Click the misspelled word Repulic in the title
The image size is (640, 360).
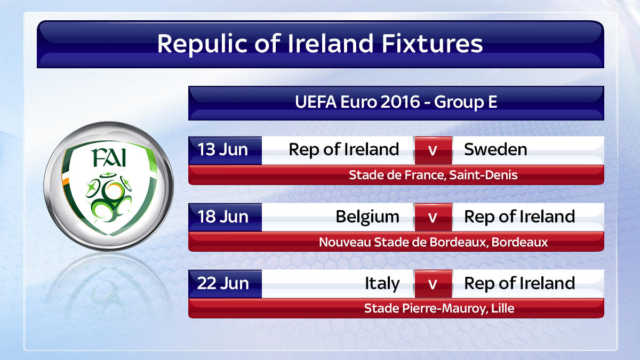coord(202,44)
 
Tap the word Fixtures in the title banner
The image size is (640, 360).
coord(433,44)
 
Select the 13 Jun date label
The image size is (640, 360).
coord(222,149)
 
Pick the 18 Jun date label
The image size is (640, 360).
coord(223,217)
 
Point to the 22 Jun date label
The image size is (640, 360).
coord(223,283)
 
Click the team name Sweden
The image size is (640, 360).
coord(495,149)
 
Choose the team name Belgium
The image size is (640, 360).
coord(367,217)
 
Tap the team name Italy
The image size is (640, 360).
coord(382,284)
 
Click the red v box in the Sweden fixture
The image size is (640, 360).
coord(433,150)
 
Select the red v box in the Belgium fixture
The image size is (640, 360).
coord(433,218)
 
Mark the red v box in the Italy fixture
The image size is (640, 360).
coord(433,284)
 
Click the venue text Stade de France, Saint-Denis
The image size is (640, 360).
coord(433,175)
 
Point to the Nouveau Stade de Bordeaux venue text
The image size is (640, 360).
coord(433,242)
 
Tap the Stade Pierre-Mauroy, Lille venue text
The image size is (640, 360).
coord(439,309)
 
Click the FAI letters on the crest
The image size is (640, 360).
coord(109,158)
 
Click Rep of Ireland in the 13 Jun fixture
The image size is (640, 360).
coord(343,149)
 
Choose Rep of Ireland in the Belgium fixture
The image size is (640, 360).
coord(519,217)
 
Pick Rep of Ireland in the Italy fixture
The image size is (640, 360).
coord(519,283)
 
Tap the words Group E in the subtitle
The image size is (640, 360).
coord(466,102)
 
